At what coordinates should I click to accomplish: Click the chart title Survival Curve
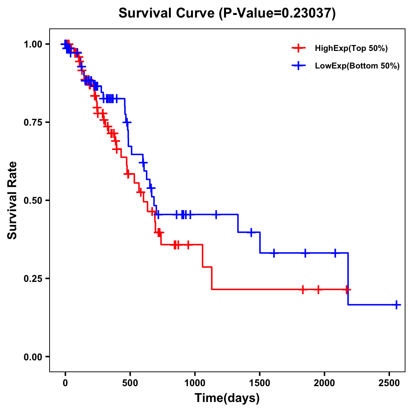click(x=167, y=13)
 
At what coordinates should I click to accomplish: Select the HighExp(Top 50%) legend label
click(x=351, y=49)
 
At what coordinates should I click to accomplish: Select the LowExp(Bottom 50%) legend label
click(x=357, y=66)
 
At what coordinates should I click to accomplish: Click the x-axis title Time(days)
click(x=227, y=398)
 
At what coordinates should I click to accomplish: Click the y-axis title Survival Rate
click(x=12, y=200)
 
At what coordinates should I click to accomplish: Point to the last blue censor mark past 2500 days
click(x=396, y=305)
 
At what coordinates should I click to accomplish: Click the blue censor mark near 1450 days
click(x=251, y=232)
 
